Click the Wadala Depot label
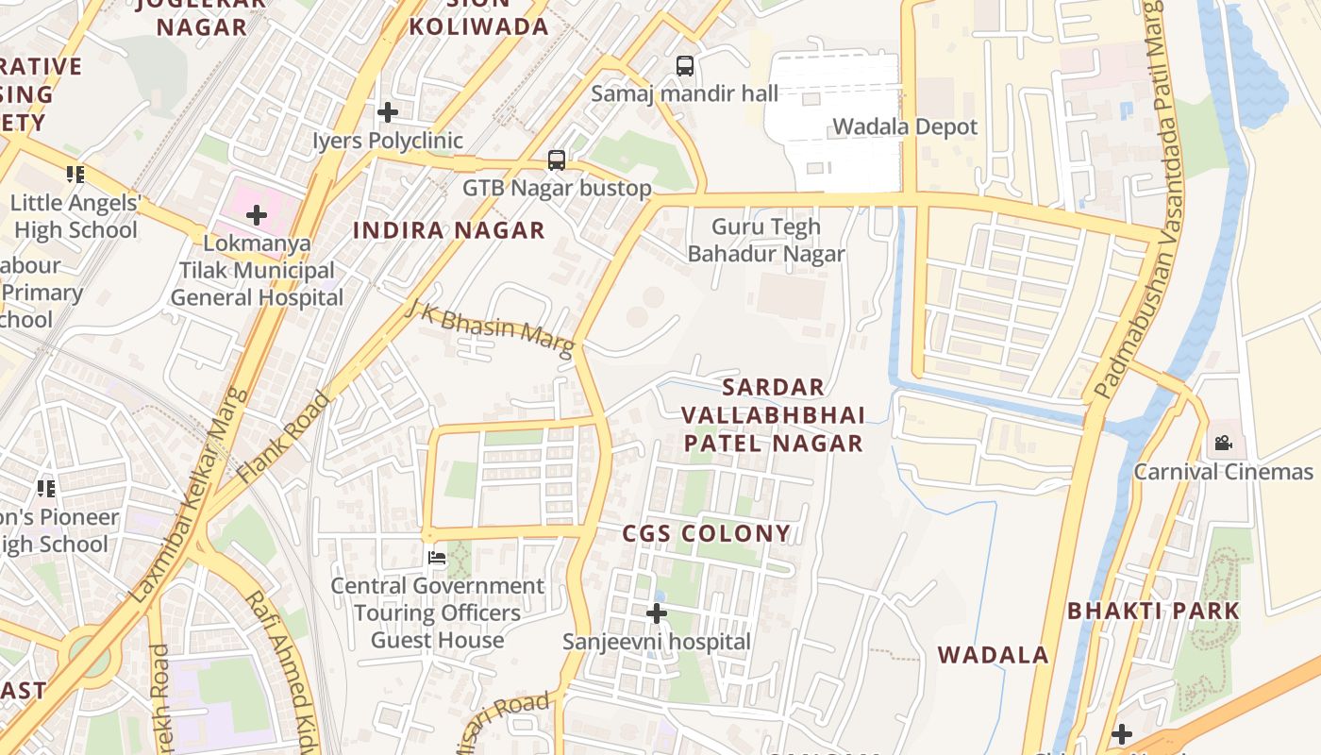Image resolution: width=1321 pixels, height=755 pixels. [904, 126]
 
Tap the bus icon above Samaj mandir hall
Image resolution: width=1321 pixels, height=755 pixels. [685, 66]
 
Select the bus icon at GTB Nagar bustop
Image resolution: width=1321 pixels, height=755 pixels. [557, 160]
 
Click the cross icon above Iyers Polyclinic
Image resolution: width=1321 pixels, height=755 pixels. [387, 113]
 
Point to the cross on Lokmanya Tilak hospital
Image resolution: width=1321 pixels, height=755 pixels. [256, 215]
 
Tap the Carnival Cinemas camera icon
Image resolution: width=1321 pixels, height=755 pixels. [1223, 443]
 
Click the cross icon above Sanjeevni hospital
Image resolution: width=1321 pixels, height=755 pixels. [656, 614]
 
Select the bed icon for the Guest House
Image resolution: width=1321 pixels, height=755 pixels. [437, 558]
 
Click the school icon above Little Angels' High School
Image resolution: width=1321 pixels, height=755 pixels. [75, 175]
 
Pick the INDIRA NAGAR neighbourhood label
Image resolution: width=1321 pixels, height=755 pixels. [449, 230]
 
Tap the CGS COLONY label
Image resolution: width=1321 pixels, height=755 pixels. [706, 533]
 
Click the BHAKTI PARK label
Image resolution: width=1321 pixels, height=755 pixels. [1153, 611]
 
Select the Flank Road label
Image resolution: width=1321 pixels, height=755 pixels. [284, 438]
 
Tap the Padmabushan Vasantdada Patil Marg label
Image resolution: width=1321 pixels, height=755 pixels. [1132, 203]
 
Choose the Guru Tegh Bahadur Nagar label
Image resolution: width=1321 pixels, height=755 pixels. [766, 241]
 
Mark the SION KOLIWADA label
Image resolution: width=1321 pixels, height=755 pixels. [478, 19]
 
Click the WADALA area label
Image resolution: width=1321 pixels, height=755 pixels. [993, 655]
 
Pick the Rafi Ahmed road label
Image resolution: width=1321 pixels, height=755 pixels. [278, 670]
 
